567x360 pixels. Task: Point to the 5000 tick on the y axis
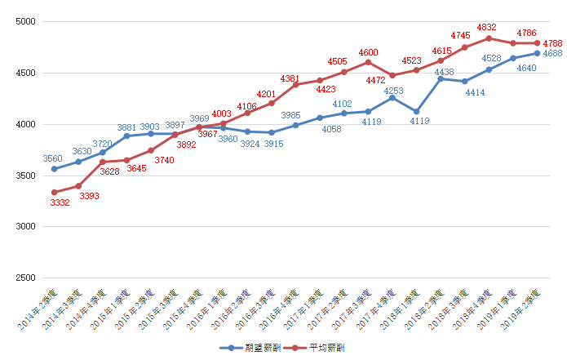pos(26,21)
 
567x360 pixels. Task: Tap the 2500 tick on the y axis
pos(26,278)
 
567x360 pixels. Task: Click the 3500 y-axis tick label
pos(26,176)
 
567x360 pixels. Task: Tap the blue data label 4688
pos(553,53)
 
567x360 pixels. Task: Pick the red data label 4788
pos(552,42)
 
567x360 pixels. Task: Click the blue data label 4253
pos(393,91)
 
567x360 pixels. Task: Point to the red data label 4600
pos(368,51)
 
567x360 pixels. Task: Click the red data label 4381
pos(290,78)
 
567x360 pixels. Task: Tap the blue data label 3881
pos(126,127)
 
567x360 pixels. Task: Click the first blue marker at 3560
pos(55,169)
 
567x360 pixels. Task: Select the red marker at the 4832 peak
pos(489,38)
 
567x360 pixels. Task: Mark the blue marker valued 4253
pos(392,98)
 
